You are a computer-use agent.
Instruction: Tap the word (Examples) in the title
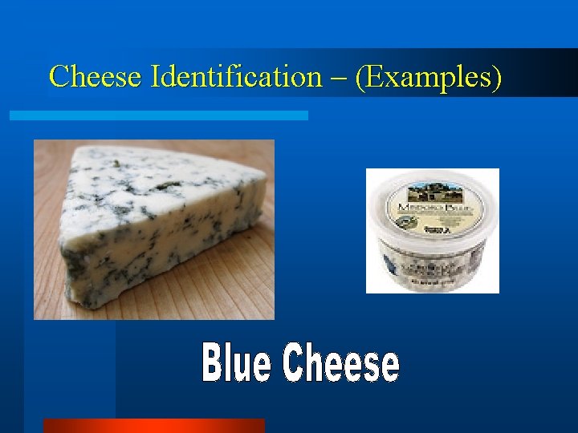(x=429, y=77)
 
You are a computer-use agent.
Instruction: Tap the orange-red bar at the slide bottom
(x=153, y=426)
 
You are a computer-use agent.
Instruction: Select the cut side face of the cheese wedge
(x=161, y=257)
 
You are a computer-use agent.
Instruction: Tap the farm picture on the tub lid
(x=433, y=195)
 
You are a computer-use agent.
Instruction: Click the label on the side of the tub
(x=433, y=269)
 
